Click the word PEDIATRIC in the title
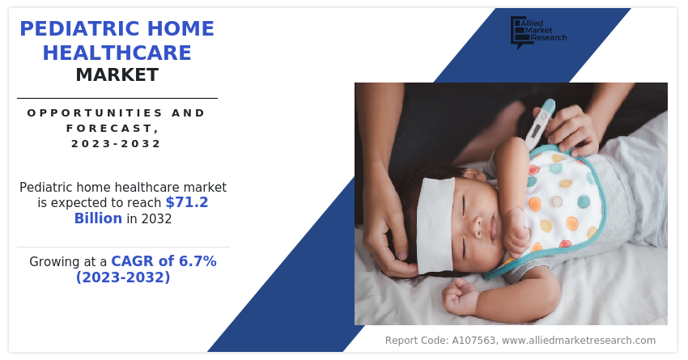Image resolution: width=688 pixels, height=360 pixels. pos(79,29)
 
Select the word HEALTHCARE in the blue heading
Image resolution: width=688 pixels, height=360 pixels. pos(117,53)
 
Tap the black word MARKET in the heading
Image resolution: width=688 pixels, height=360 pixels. pos(117,75)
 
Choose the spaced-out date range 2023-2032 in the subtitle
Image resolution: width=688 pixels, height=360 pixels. pos(117,144)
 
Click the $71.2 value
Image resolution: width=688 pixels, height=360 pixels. pos(186,202)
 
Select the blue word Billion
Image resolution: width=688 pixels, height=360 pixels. pos(98,218)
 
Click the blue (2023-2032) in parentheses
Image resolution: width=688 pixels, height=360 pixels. pos(123,277)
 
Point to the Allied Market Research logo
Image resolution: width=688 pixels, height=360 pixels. pos(538,32)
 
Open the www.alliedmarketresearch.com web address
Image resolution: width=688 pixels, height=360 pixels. pos(579,341)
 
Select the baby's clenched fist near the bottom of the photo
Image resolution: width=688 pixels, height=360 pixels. pos(460,297)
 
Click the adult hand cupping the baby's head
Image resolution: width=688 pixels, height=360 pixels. pos(386,223)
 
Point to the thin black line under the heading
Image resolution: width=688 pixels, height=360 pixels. pos(117,98)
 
